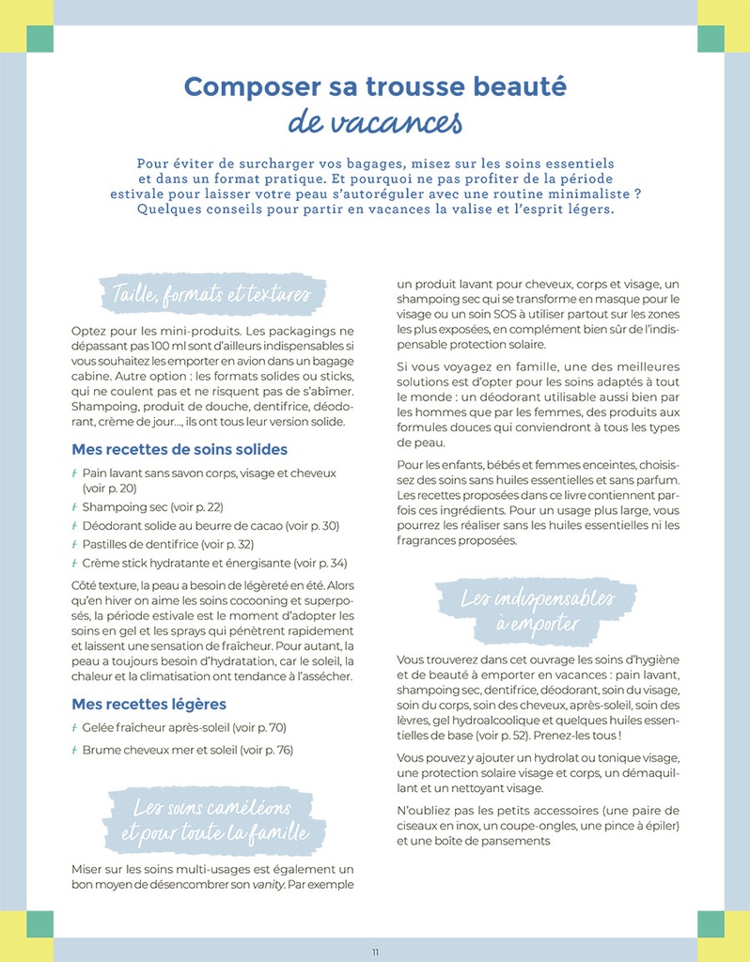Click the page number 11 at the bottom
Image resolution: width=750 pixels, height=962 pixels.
pos(375,952)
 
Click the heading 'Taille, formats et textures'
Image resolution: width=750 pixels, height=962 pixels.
pos(211,294)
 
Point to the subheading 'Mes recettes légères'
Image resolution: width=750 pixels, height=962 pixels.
pos(148,704)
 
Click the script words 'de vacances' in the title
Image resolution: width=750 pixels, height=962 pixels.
pos(375,121)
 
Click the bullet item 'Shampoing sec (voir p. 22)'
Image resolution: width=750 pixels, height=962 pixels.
pos(152,507)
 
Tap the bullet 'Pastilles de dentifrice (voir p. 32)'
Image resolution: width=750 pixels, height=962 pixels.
pos(167,544)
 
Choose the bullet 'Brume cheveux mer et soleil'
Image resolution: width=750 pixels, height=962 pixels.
pos(187,750)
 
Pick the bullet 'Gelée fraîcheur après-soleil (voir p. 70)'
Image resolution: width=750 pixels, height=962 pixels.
pos(183,727)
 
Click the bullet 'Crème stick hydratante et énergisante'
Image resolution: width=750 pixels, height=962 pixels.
pos(214,563)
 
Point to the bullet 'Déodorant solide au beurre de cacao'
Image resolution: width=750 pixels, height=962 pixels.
pos(211,526)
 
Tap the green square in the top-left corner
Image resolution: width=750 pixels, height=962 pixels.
pos(39,39)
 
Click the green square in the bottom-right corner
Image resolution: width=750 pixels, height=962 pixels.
pos(711,923)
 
